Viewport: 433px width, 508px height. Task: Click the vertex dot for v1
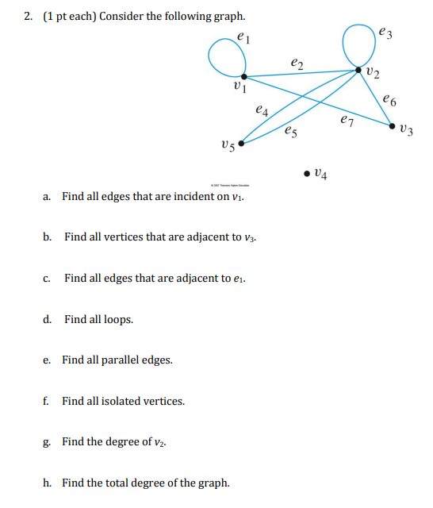pyautogui.click(x=243, y=77)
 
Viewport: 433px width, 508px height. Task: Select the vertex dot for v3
pyautogui.click(x=392, y=125)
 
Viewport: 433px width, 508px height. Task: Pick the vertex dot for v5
pyautogui.click(x=241, y=144)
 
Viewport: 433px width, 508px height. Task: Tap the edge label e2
pyautogui.click(x=297, y=60)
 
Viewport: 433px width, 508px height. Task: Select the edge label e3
pyautogui.click(x=385, y=33)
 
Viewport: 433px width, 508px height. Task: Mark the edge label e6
pyautogui.click(x=388, y=99)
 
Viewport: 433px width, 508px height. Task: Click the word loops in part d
pyautogui.click(x=118, y=319)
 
